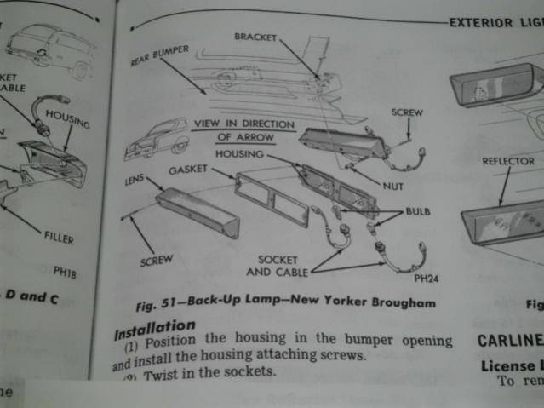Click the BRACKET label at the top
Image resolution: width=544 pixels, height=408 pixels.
(x=255, y=37)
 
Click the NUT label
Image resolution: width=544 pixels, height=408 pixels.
(x=392, y=185)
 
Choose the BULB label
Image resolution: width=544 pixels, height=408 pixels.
(x=418, y=210)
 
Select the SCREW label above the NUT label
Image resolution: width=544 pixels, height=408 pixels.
(x=407, y=112)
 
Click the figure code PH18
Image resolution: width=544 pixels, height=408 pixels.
(x=65, y=272)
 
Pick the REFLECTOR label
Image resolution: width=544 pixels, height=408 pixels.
(x=507, y=161)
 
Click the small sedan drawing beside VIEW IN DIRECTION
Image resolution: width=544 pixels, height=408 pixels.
(x=155, y=141)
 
